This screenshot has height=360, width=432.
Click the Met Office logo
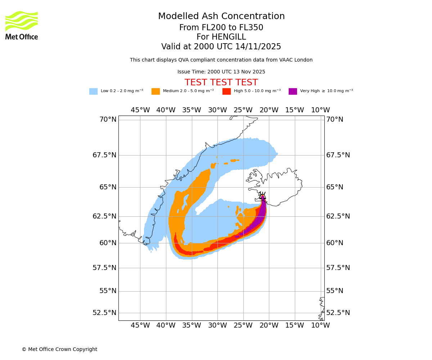(x=22, y=25)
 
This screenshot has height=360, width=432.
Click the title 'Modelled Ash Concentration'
(x=221, y=17)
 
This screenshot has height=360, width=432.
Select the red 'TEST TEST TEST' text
(x=221, y=83)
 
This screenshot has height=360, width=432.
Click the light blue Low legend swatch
(x=93, y=91)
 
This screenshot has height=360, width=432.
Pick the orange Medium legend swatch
(x=156, y=91)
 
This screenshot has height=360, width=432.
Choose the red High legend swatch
(x=226, y=91)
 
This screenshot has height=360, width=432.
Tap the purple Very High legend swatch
(x=293, y=91)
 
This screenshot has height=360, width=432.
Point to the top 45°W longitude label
(x=140, y=110)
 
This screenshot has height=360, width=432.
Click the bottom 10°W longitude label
(x=320, y=325)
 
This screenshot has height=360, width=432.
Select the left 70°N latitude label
(x=108, y=120)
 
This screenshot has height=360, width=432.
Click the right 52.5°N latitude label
(x=338, y=313)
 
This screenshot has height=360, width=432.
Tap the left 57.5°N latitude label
(x=104, y=268)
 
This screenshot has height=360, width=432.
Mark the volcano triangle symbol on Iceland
(x=263, y=197)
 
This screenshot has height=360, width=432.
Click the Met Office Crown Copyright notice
(x=59, y=350)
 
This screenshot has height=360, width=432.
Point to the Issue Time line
(x=221, y=72)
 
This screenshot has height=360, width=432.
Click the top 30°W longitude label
(x=217, y=110)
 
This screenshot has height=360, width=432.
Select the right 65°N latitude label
(x=335, y=187)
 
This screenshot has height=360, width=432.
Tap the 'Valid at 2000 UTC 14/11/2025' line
(x=221, y=47)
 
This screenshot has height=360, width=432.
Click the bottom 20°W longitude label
(x=269, y=325)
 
